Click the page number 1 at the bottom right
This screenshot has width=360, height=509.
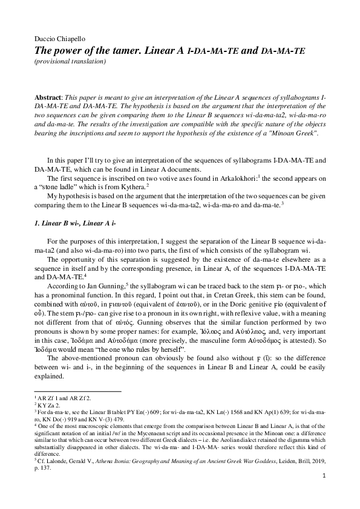point(324,493)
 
